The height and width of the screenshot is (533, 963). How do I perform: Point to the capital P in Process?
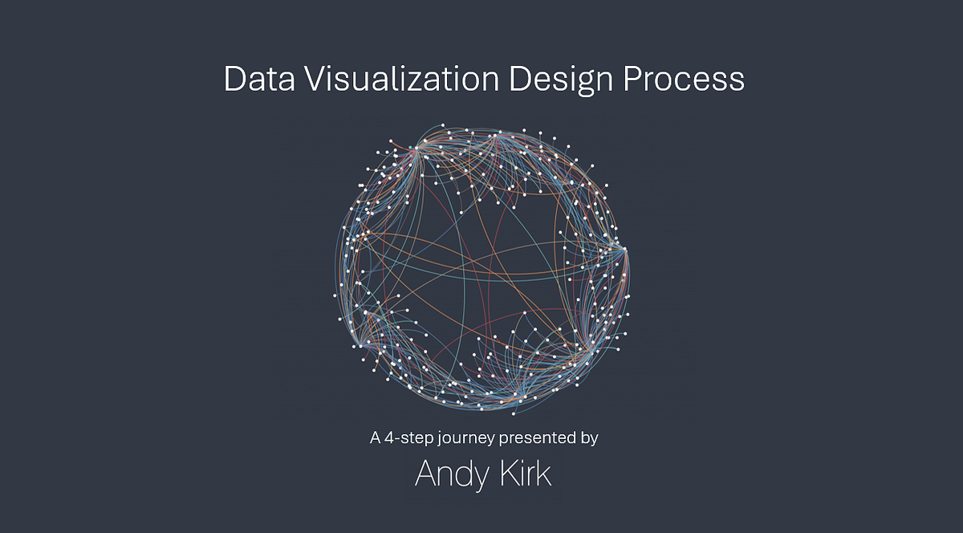(x=635, y=80)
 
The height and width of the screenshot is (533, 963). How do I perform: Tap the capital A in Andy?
(x=426, y=474)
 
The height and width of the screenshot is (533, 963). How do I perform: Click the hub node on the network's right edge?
(x=624, y=249)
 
